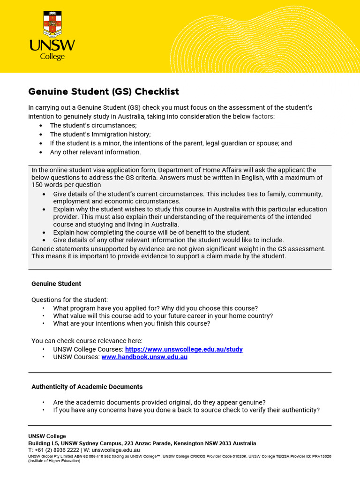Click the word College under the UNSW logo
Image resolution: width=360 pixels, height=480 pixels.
point(52,57)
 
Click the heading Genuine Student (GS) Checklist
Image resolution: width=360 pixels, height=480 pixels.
point(104,91)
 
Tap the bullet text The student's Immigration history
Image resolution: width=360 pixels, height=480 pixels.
point(100,134)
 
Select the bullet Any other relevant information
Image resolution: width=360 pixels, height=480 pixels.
point(95,152)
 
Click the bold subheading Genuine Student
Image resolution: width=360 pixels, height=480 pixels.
point(56,284)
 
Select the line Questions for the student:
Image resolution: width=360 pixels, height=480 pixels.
point(69,300)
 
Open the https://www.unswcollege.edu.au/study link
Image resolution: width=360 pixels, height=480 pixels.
point(184,349)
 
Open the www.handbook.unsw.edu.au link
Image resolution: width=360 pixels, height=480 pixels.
point(144,357)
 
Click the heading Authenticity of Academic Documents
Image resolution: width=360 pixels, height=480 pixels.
point(87,387)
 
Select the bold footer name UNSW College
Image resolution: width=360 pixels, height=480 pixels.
point(47,436)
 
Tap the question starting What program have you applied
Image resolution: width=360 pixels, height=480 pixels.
point(155,308)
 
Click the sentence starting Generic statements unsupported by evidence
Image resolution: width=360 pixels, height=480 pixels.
point(178,248)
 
